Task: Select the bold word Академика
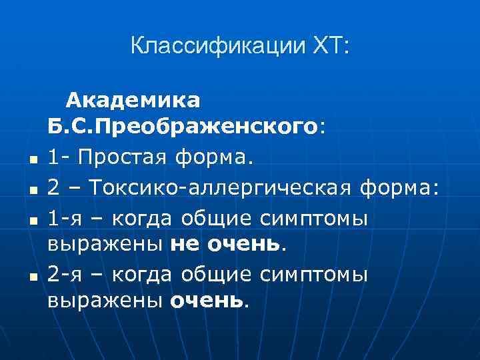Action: (x=133, y=101)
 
